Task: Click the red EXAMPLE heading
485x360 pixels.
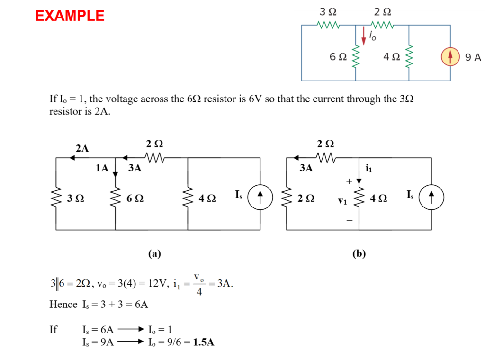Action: click(70, 16)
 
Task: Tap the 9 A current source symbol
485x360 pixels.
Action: click(450, 57)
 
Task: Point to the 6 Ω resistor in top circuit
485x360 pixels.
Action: click(356, 57)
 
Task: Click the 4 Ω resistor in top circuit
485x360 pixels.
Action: click(409, 57)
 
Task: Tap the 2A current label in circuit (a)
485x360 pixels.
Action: click(82, 148)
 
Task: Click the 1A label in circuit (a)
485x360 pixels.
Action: click(102, 168)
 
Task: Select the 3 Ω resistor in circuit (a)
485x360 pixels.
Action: click(56, 198)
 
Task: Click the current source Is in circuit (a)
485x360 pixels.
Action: click(260, 196)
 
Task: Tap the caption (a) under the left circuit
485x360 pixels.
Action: click(154, 254)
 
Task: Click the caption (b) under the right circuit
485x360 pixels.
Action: click(359, 254)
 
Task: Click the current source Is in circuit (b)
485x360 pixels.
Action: click(431, 196)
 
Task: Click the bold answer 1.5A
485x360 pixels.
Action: click(204, 342)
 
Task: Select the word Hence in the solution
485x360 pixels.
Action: click(63, 305)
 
